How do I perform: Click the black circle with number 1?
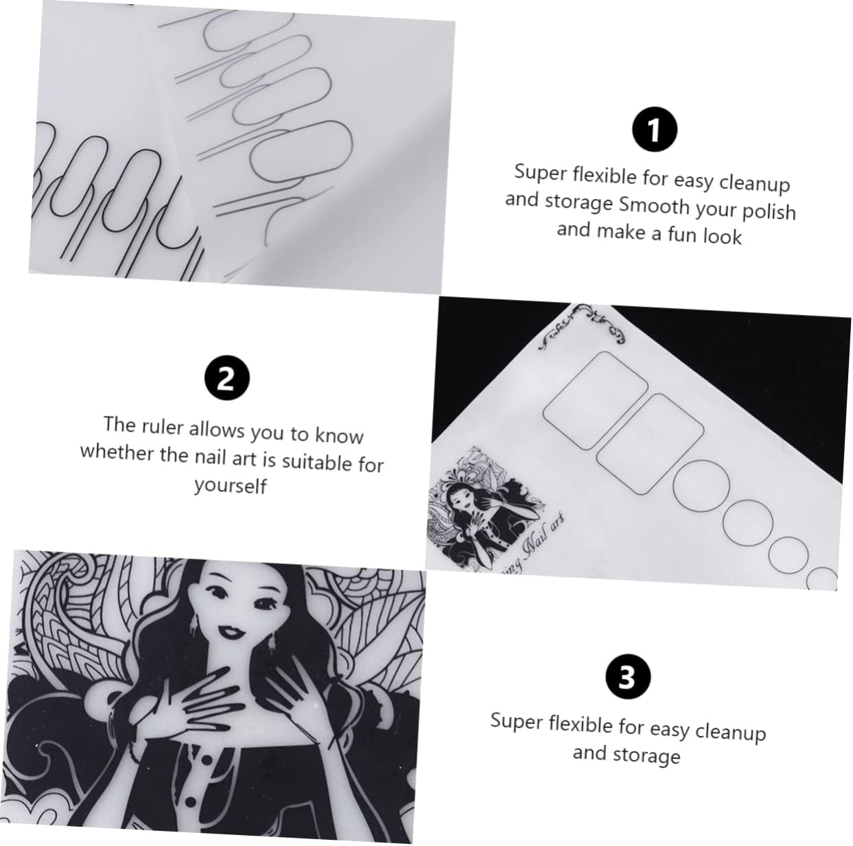tap(654, 130)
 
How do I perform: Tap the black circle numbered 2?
tap(226, 379)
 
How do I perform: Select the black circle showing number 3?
tap(627, 677)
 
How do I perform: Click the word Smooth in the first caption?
tap(654, 205)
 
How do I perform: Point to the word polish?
tap(769, 211)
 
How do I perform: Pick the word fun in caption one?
tap(681, 235)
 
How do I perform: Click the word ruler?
tap(163, 427)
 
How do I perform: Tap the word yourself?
tap(230, 485)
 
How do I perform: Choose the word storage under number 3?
tap(646, 755)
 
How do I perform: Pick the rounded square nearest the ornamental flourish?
tap(595, 400)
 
